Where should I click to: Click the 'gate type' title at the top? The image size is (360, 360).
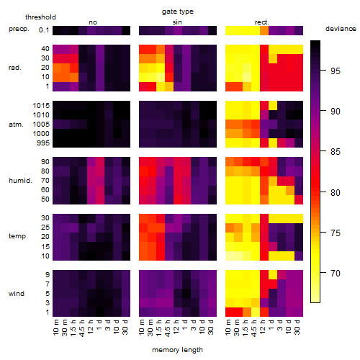pyautogui.click(x=178, y=12)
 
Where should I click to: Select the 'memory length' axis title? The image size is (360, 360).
pyautogui.click(x=177, y=350)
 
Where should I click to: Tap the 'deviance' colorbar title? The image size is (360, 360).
pyautogui.click(x=341, y=29)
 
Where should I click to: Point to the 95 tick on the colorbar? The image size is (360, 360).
pyautogui.click(x=323, y=71)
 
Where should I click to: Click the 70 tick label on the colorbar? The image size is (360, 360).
pyautogui.click(x=335, y=273)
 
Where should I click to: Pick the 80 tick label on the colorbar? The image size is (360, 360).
pyautogui.click(x=335, y=192)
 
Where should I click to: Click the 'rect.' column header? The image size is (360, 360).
pyautogui.click(x=262, y=22)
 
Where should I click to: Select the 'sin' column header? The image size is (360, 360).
pyautogui.click(x=177, y=22)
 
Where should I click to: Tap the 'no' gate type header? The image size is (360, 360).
pyautogui.click(x=93, y=22)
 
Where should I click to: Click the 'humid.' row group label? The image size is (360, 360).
pyautogui.click(x=20, y=181)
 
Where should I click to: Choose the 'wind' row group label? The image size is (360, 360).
pyautogui.click(x=17, y=294)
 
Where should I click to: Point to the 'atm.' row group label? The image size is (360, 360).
pyautogui.click(x=16, y=125)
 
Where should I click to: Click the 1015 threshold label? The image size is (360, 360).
pyautogui.click(x=41, y=106)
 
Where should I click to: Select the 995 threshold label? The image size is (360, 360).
pyautogui.click(x=43, y=143)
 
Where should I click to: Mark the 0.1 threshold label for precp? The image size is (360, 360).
pyautogui.click(x=44, y=30)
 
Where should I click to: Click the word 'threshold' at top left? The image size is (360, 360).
pyautogui.click(x=40, y=17)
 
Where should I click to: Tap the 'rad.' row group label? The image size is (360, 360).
pyautogui.click(x=15, y=68)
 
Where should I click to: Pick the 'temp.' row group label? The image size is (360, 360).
pyautogui.click(x=18, y=236)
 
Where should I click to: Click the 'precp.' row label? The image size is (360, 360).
pyautogui.click(x=19, y=30)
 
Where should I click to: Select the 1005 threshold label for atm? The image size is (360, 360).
pyautogui.click(x=41, y=125)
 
